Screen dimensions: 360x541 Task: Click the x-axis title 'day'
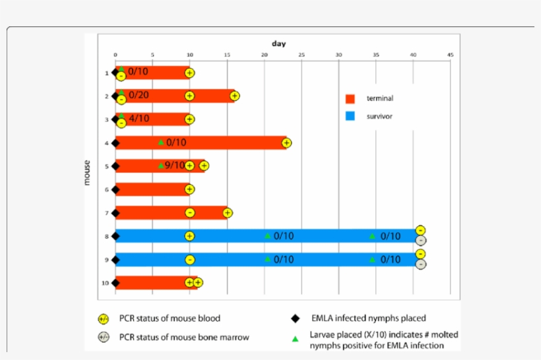278,44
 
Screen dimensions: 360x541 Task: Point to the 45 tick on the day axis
450,55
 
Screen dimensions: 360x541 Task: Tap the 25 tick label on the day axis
302,55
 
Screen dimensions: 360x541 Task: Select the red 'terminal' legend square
350,99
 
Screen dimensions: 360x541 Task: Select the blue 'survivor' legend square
350,117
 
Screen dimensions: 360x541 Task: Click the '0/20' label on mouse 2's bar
139,95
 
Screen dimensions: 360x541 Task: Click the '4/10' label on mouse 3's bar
139,119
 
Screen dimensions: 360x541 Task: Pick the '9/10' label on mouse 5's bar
175,165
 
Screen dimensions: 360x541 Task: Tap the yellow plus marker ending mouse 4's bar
286,142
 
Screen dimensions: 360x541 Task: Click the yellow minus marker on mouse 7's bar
190,212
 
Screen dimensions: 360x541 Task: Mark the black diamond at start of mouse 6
115,190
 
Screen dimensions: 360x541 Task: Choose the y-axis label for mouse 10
106,283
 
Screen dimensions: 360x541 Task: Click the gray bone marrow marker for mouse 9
421,264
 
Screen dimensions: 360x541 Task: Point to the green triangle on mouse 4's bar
161,142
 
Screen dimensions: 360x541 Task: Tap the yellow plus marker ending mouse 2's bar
235,96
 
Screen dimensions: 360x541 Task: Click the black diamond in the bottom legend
296,318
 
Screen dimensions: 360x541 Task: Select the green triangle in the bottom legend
296,339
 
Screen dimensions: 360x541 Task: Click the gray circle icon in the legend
103,338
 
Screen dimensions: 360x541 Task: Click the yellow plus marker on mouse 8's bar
190,236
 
